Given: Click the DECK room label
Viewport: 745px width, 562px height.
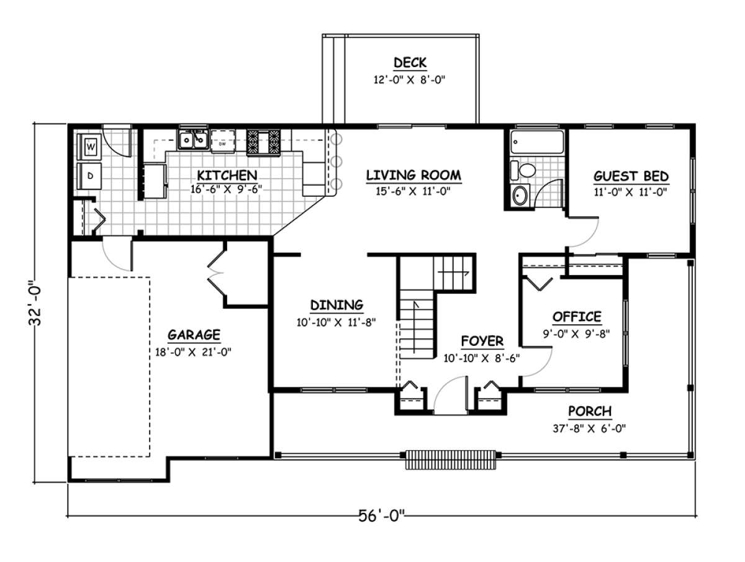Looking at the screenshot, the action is pos(410,63).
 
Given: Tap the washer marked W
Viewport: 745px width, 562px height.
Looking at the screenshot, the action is pos(89,147).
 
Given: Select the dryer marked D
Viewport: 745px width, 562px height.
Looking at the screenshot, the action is pos(89,176).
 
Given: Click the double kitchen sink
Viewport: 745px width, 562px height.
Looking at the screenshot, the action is pos(193,140).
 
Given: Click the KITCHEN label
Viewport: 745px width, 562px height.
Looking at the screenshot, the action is pos(227,176).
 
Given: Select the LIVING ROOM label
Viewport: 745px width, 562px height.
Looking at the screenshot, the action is pos(413,176).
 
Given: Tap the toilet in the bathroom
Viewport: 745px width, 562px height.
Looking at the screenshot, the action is pos(523,170).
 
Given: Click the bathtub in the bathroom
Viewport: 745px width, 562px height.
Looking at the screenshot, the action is pos(537,142).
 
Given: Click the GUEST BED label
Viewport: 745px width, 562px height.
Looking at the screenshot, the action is pos(631,176).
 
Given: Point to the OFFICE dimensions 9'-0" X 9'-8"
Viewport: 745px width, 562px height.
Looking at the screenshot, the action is pos(576,334).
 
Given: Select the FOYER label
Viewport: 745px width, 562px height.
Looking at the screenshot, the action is pos(482,341).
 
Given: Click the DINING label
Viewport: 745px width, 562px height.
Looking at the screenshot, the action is pos(336,305).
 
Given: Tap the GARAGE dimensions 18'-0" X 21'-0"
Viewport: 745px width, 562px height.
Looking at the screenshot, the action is pos(193,352).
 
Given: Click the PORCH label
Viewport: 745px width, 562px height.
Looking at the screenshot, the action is pos(590,411).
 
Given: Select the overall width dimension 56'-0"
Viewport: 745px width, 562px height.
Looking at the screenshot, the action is pos(381,516).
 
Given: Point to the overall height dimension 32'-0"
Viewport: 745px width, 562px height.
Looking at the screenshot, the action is pos(35,303).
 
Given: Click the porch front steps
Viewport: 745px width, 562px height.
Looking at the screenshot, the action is pos(451,460).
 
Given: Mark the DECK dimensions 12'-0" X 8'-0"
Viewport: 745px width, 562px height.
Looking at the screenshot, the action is pos(409,80).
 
